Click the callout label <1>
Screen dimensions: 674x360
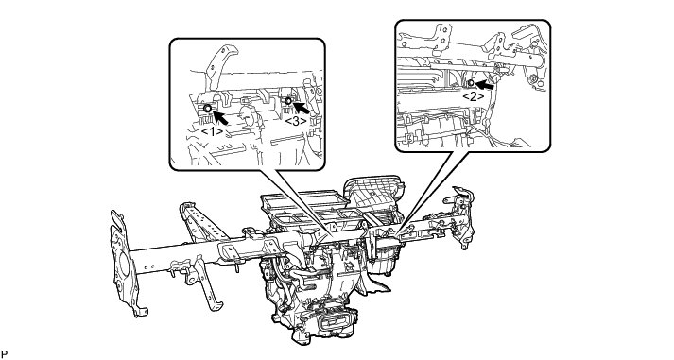point(212,131)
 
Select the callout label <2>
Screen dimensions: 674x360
point(473,96)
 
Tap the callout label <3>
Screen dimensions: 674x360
point(296,121)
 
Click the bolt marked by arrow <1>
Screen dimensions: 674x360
point(207,109)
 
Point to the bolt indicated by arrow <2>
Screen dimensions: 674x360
point(471,82)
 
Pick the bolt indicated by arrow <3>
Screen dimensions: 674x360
point(288,101)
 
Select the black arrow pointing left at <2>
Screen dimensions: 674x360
point(484,85)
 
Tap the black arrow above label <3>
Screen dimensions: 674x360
point(302,108)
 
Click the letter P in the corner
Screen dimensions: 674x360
point(5,354)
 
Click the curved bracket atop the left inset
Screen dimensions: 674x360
point(219,62)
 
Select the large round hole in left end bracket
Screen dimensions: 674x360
point(125,264)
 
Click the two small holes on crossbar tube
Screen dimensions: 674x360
point(149,267)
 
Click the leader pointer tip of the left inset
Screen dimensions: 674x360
point(332,237)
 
